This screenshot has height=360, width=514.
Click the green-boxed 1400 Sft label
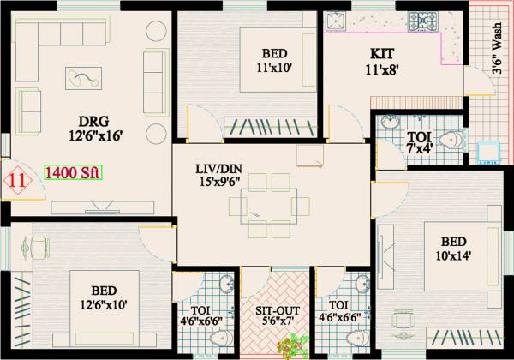(x=72, y=172)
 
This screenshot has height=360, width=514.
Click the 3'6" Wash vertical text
(x=498, y=51)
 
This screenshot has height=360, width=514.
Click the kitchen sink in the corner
(x=337, y=22)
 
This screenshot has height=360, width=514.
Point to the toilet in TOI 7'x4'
(x=446, y=140)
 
